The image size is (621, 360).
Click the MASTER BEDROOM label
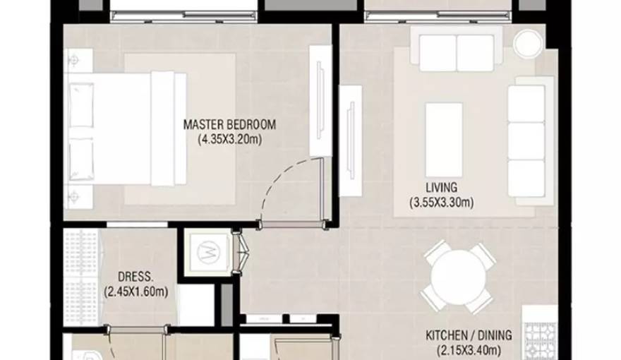pos(230,125)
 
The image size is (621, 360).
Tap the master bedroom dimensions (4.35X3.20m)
pos(230,139)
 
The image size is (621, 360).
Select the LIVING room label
pos(442,187)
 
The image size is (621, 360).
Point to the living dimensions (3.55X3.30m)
pos(442,203)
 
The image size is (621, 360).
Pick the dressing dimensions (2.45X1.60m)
pos(135,292)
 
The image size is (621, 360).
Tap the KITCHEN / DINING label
pos(469,335)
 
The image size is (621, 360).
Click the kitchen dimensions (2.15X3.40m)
pos(469,351)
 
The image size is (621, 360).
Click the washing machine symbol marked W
pos(209,252)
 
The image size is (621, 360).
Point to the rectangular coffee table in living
pos(444,139)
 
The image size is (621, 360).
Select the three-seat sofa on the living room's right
pos(531,140)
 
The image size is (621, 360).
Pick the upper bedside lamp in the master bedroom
pos(73,60)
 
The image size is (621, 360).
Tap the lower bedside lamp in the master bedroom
pos(73,196)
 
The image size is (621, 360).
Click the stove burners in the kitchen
pos(538,341)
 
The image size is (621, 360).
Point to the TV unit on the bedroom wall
pos(320,101)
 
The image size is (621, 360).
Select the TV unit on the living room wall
pos(351,140)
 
